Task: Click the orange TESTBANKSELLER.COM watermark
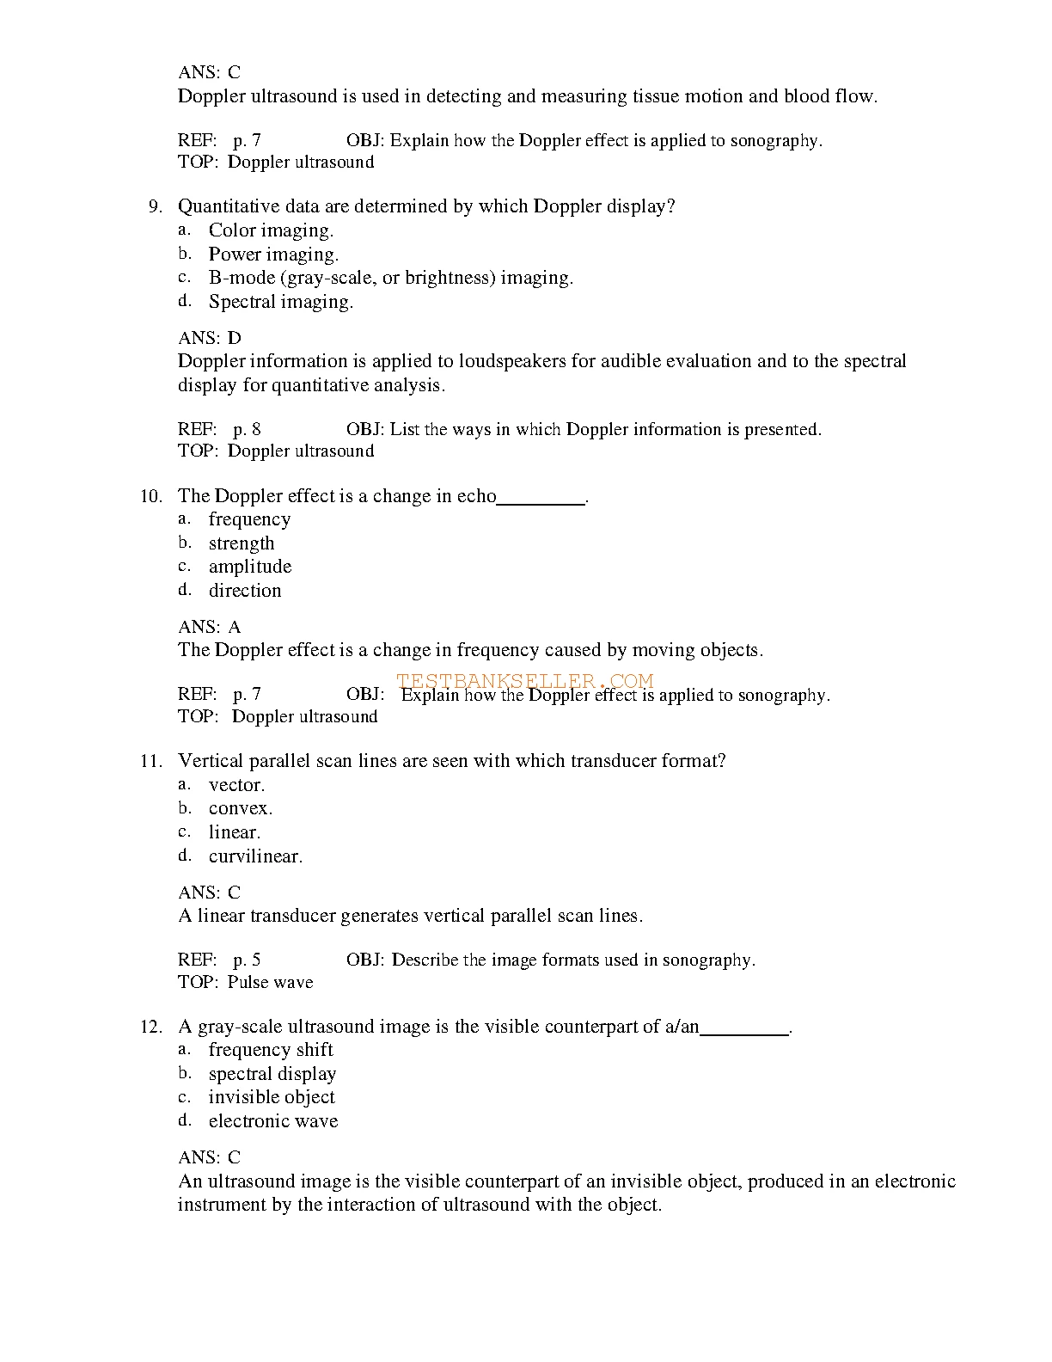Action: coord(524,681)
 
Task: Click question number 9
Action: coord(155,206)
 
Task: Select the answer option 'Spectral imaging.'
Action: coord(280,302)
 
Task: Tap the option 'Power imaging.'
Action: coord(273,255)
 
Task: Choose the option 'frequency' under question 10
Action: coord(249,519)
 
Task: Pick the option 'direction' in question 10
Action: coord(245,591)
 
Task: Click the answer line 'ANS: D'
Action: coord(210,338)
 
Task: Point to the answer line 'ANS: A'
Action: coord(210,627)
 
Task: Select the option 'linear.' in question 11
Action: coord(234,832)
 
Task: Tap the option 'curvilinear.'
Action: coord(255,856)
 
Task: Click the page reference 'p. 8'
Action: coord(247,429)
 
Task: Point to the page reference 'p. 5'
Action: coord(247,960)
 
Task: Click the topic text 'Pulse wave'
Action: coord(270,982)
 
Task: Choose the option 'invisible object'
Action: coord(272,1097)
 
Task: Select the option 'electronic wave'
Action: coord(273,1121)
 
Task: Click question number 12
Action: coord(151,1027)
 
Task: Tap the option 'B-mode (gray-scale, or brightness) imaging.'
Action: coord(390,278)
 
